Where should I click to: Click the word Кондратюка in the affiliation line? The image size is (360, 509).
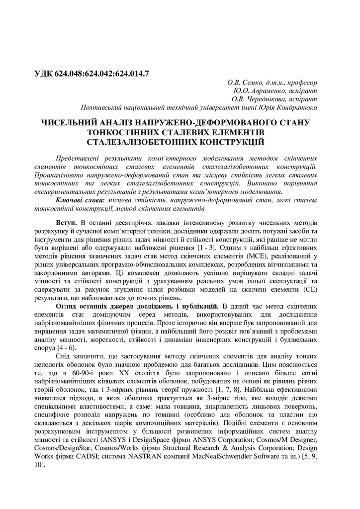coord(298,108)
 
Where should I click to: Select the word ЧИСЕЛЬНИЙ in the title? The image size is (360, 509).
coord(70,123)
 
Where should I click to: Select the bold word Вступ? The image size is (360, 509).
coord(66,221)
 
